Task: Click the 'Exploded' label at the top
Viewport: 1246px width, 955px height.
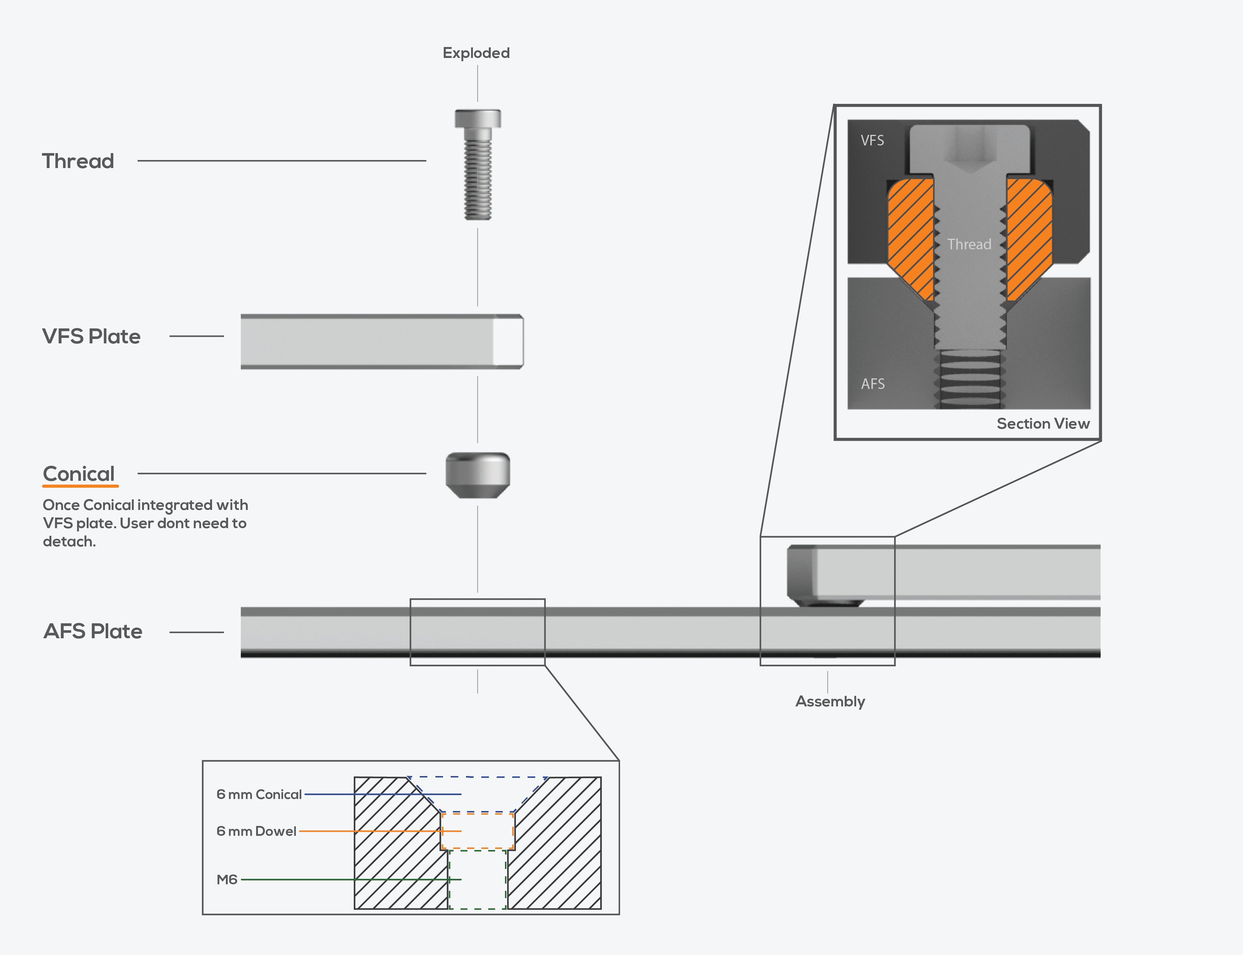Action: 476,53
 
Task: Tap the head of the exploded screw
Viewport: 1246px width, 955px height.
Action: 478,118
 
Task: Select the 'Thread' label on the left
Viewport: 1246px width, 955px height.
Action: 78,161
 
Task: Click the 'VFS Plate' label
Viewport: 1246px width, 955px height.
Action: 91,336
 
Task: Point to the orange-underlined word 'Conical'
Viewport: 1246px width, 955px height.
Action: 79,473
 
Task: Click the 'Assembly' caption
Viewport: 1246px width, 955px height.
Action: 830,701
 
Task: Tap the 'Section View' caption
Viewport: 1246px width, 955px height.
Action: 1043,424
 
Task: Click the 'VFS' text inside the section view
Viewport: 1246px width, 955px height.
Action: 872,140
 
